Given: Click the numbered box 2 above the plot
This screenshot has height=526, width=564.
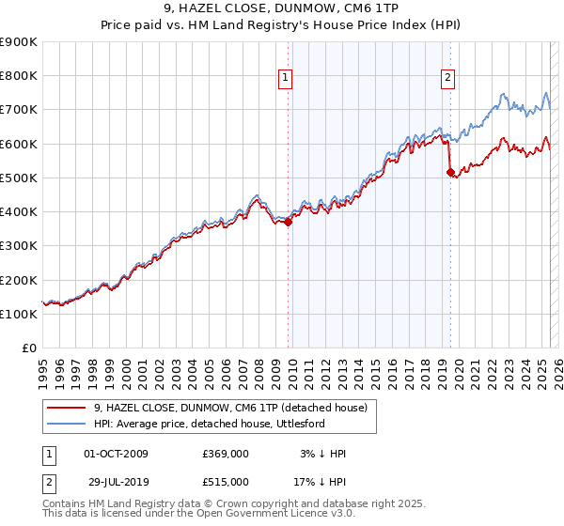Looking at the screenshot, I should (x=448, y=78).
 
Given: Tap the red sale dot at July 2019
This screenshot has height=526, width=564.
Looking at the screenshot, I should (x=450, y=172).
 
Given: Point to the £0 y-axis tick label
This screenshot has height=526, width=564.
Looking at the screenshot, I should (x=29, y=348).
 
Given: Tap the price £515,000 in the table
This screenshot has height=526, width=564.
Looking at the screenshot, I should (x=226, y=482).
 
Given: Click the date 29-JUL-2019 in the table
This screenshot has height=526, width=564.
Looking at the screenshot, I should (x=116, y=482).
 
